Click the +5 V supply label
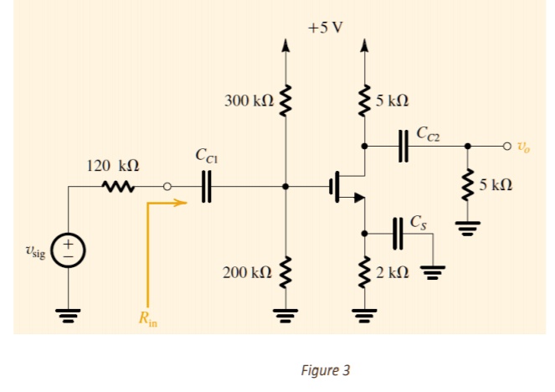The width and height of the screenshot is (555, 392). coord(325,26)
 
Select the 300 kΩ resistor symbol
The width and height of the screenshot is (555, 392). coord(285,101)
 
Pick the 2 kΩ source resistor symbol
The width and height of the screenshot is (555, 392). coord(364,272)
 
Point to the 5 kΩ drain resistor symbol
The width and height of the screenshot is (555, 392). coord(364,101)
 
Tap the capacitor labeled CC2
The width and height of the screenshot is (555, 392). coord(403,144)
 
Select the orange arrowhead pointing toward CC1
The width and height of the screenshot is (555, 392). coord(179,202)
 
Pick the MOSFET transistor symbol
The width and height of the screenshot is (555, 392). coord(344,186)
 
